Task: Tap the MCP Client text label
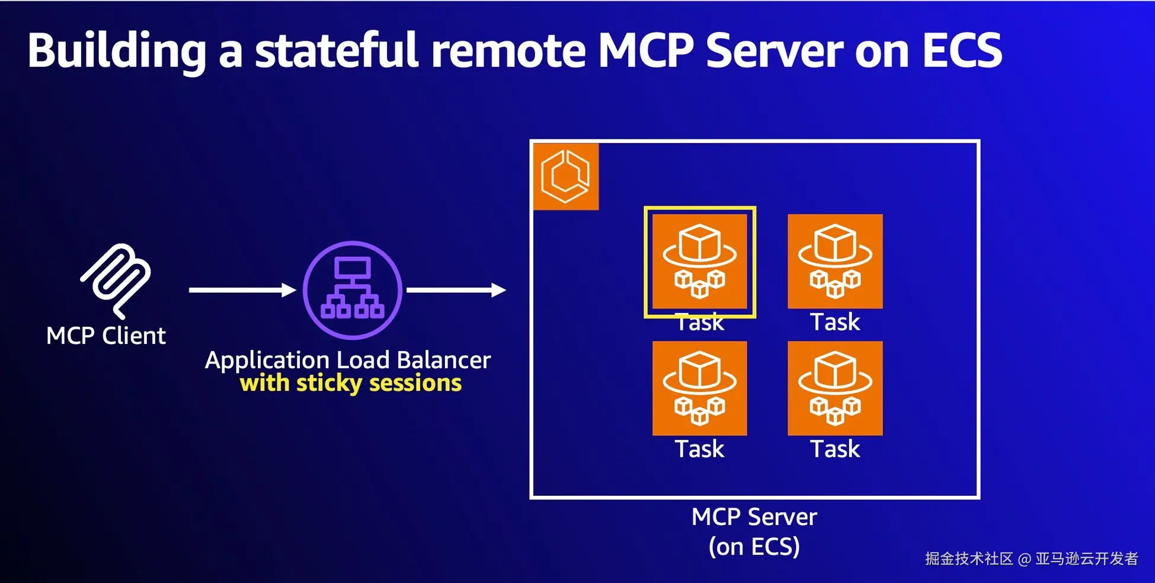click(106, 336)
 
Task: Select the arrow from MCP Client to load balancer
click(242, 290)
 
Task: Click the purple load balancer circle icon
click(353, 290)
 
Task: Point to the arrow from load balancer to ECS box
click(456, 290)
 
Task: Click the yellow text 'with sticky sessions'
click(351, 383)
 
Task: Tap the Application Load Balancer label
click(348, 360)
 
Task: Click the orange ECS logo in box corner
click(566, 176)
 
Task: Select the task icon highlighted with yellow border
click(700, 262)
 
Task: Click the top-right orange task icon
click(835, 262)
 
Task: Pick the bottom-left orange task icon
click(700, 388)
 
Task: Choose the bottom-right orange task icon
click(835, 388)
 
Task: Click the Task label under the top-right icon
click(835, 322)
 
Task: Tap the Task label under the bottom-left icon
click(700, 449)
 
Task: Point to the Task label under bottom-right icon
click(835, 449)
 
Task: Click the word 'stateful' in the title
click(337, 50)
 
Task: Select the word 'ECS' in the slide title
click(962, 50)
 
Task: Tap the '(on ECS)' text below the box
click(754, 546)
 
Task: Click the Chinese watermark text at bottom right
click(1032, 559)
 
